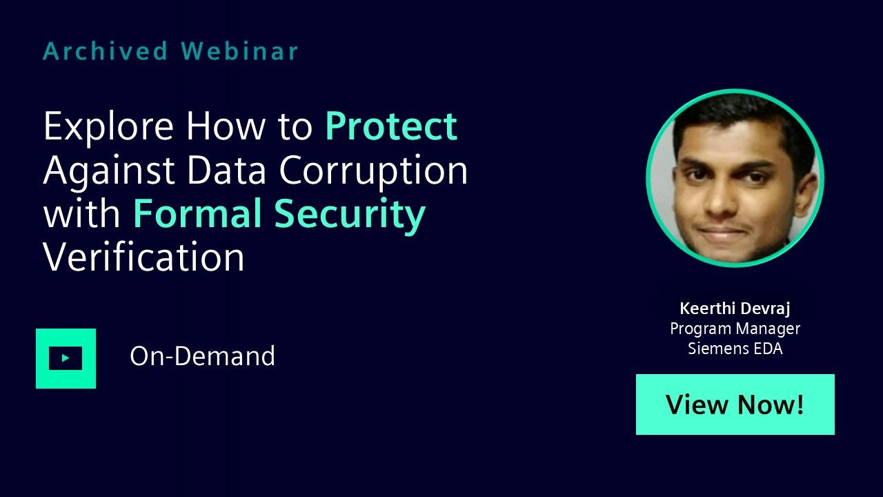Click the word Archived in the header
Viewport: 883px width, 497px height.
pyautogui.click(x=106, y=51)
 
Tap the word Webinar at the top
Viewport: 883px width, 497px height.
pyautogui.click(x=239, y=51)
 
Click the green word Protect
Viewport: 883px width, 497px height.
pyautogui.click(x=390, y=126)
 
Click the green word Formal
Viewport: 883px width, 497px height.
pyautogui.click(x=197, y=213)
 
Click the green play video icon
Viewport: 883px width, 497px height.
pyautogui.click(x=66, y=358)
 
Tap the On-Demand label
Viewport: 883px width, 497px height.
pyautogui.click(x=202, y=355)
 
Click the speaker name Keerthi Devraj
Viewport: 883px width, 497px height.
pyautogui.click(x=735, y=309)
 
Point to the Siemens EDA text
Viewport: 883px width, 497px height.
pyautogui.click(x=735, y=349)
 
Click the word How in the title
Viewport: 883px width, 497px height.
pyautogui.click(x=226, y=126)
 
